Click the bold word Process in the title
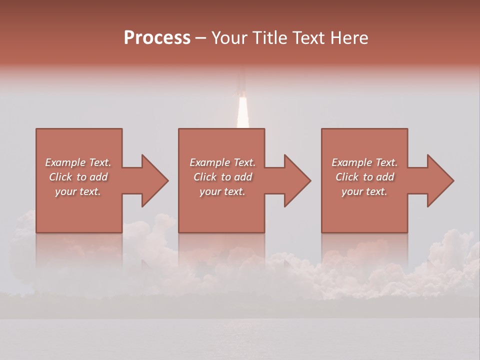pyautogui.click(x=157, y=38)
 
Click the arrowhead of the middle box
pyautogui.click(x=297, y=180)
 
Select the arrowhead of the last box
pyautogui.click(x=440, y=180)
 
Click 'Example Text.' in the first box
pyautogui.click(x=78, y=162)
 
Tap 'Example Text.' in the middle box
pyautogui.click(x=222, y=162)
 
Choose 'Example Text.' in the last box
pyautogui.click(x=364, y=162)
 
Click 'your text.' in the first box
pyautogui.click(x=78, y=191)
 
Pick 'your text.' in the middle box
pyautogui.click(x=222, y=191)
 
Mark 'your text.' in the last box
pyautogui.click(x=364, y=191)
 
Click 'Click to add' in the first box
pyautogui.click(x=78, y=177)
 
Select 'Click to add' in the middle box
pyautogui.click(x=222, y=177)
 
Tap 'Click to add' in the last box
pyautogui.click(x=364, y=177)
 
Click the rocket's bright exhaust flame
pyautogui.click(x=242, y=112)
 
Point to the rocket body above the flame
pyautogui.click(x=241, y=82)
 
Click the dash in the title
pyautogui.click(x=201, y=38)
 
